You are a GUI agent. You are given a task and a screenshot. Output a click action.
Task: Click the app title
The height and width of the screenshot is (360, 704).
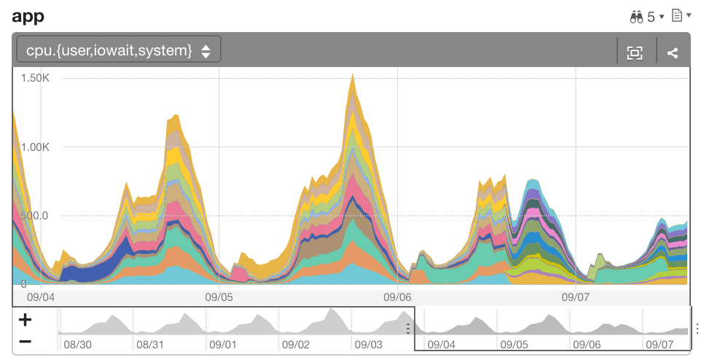(28, 15)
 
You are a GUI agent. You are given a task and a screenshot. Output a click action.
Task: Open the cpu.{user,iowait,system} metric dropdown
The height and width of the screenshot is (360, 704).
(118, 50)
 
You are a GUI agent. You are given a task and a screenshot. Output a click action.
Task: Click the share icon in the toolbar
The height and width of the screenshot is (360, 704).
(673, 52)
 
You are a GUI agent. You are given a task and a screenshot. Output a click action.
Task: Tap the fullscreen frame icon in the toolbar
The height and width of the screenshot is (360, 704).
(635, 52)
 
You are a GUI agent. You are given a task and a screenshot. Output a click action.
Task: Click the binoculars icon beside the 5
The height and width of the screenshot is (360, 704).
(635, 16)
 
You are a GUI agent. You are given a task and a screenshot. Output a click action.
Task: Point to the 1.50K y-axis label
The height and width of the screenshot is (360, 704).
(35, 78)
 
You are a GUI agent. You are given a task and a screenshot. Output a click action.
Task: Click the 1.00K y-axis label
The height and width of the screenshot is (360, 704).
(35, 147)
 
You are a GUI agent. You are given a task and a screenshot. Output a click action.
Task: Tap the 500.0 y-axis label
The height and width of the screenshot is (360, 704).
(35, 216)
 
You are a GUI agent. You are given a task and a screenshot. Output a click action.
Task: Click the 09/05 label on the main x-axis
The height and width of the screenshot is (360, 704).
(219, 297)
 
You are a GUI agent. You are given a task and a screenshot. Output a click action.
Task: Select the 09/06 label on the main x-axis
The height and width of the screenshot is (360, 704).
(397, 297)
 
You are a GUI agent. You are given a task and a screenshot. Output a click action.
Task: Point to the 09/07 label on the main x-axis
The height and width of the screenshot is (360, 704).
(575, 297)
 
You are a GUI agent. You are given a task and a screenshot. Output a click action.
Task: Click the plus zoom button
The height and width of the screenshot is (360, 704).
(25, 319)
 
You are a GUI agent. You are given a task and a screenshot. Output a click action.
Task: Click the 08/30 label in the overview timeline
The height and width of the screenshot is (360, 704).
(77, 344)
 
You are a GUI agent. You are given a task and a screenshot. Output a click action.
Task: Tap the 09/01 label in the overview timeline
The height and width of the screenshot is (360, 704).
(223, 344)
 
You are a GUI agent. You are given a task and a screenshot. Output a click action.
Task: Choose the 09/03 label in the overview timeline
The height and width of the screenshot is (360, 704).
(369, 344)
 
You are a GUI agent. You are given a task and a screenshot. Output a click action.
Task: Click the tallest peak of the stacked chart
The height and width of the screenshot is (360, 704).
(353, 75)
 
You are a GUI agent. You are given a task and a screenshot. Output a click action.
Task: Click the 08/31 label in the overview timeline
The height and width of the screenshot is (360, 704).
(150, 344)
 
